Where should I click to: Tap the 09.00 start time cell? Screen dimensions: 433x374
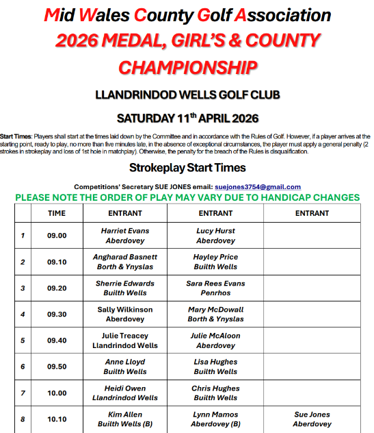57,236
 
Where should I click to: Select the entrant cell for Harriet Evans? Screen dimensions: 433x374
124,236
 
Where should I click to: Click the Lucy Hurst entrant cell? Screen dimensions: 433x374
215,236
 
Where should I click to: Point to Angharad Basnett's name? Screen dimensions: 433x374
124,257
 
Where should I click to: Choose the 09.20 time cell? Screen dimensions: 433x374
57,288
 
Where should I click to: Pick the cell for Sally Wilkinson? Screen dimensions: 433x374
124,314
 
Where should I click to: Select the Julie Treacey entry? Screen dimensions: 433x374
124,341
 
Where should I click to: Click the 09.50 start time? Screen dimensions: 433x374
57,367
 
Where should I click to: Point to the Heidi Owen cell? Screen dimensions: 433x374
124,393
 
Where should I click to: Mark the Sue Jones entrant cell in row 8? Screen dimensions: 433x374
312,419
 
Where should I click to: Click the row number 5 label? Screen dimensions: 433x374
23,341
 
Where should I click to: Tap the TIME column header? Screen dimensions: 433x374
57,213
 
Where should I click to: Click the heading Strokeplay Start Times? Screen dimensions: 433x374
187,167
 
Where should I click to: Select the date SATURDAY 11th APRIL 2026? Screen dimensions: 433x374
187,117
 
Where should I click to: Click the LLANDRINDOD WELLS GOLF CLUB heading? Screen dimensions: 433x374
187,93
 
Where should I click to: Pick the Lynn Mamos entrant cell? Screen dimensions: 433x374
215,419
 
